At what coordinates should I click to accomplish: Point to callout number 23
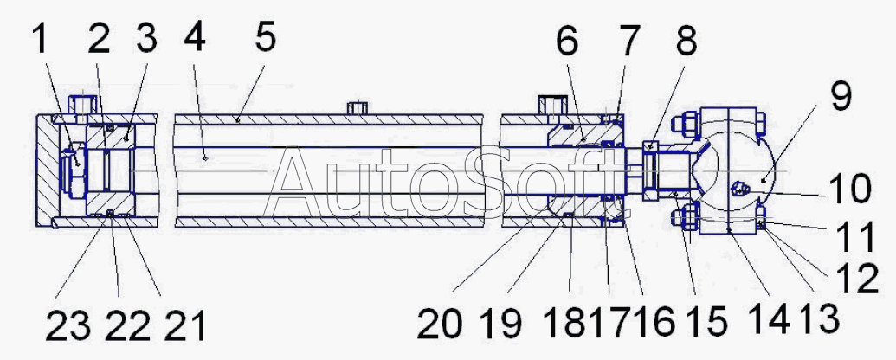68,326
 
